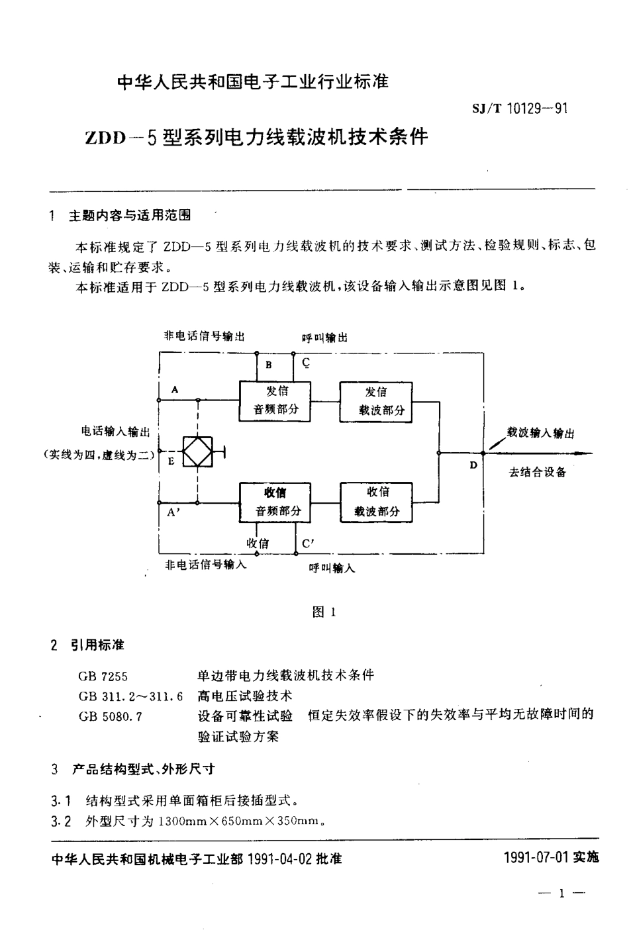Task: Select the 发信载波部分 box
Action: (376, 401)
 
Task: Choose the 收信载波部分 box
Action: (376, 502)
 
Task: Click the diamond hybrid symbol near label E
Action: (197, 452)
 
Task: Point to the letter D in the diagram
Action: (473, 465)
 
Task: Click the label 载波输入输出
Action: (540, 433)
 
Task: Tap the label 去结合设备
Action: (537, 473)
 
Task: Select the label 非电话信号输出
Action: (204, 336)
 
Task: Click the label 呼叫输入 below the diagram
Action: (332, 568)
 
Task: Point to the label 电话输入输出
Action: (115, 432)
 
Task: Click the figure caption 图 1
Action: (324, 612)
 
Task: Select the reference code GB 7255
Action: (103, 676)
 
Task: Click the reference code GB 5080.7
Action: (110, 716)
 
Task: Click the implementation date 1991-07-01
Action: (536, 857)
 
